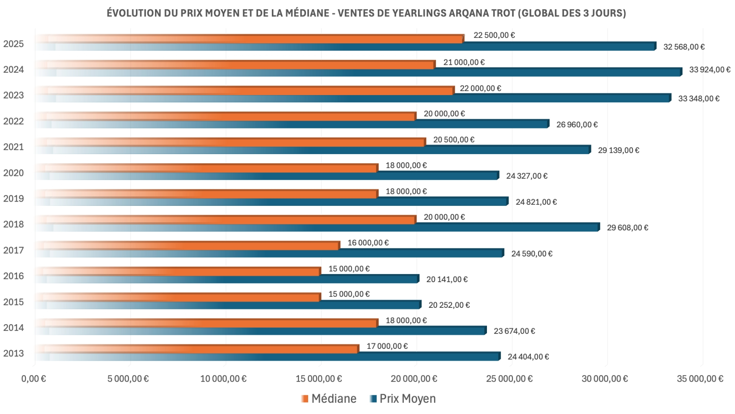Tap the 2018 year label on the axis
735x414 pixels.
point(13,224)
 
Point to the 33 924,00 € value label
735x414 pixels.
point(709,70)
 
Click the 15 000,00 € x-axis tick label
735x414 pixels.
point(318,379)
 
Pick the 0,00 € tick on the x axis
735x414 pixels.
point(34,379)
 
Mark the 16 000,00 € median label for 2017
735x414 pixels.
point(368,243)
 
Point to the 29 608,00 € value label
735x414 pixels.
point(627,228)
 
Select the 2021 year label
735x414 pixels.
point(13,147)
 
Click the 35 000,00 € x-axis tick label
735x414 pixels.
point(700,379)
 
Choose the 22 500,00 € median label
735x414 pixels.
point(494,35)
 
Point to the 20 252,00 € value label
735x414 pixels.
point(449,305)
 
